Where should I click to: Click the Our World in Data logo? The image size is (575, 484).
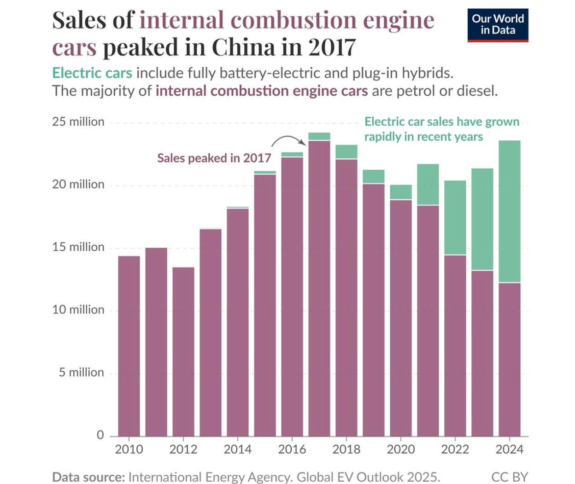(498, 25)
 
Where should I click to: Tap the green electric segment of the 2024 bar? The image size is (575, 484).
(510, 211)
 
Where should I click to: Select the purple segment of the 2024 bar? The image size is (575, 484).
(510, 359)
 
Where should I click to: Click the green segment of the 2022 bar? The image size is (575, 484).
(455, 218)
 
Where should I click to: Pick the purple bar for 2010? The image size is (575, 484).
(129, 345)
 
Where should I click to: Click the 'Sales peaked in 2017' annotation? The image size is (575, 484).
(214, 158)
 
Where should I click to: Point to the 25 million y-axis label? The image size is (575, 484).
(78, 122)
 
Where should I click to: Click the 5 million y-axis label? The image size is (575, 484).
(81, 372)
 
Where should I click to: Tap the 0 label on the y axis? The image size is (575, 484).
(100, 435)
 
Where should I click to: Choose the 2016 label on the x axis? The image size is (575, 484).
(292, 449)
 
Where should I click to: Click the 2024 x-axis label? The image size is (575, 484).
(509, 449)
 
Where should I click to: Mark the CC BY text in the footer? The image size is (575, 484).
(510, 477)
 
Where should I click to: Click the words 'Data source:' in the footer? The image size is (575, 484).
(88, 477)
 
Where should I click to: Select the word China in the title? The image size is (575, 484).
(243, 47)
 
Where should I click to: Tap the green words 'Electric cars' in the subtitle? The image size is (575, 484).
(92, 73)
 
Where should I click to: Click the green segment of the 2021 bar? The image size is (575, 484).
(428, 184)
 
